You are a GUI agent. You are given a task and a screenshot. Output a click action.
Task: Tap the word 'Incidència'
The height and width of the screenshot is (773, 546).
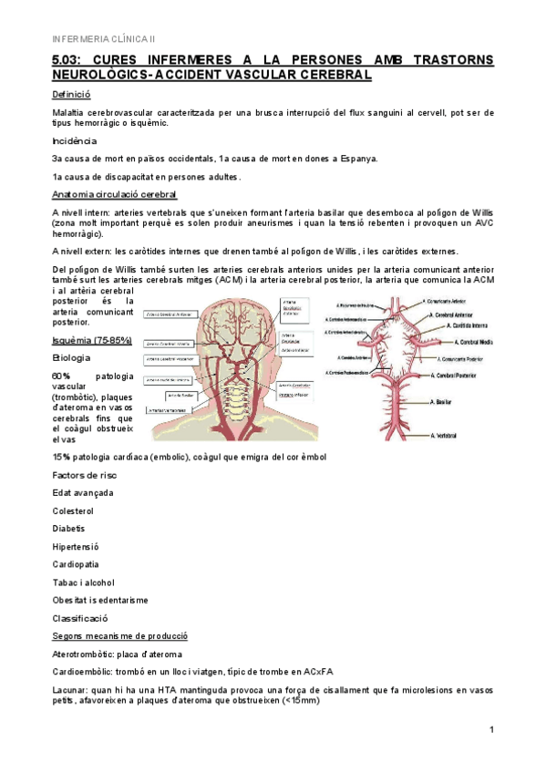[x=75, y=140]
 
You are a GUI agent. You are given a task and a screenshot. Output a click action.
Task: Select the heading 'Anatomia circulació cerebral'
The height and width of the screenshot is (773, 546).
[x=115, y=194]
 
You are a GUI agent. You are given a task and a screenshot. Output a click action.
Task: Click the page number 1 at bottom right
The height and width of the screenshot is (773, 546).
[x=490, y=730]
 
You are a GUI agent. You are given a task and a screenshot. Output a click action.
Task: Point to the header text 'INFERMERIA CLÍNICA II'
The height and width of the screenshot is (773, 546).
[x=103, y=38]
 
